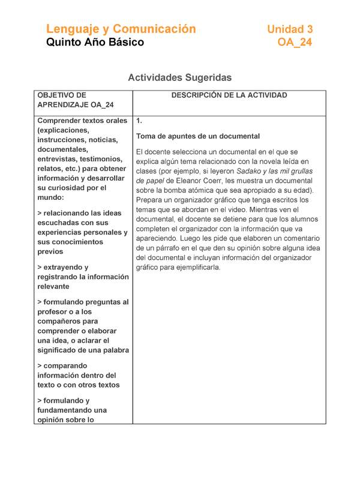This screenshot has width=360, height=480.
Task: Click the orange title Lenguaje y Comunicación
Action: pos(121,29)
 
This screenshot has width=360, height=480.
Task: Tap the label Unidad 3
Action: pos(289,29)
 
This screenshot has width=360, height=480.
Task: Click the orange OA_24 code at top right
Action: pos(295,43)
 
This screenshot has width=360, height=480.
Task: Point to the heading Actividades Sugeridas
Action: pos(180,77)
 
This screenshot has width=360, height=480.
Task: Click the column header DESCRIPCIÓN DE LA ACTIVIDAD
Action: pos(229,95)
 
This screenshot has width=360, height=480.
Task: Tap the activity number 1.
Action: pos(139,121)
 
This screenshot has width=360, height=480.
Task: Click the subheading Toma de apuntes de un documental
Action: pos(197,136)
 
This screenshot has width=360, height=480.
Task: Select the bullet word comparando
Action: pos(65,365)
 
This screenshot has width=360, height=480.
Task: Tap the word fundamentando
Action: pos(66,410)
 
